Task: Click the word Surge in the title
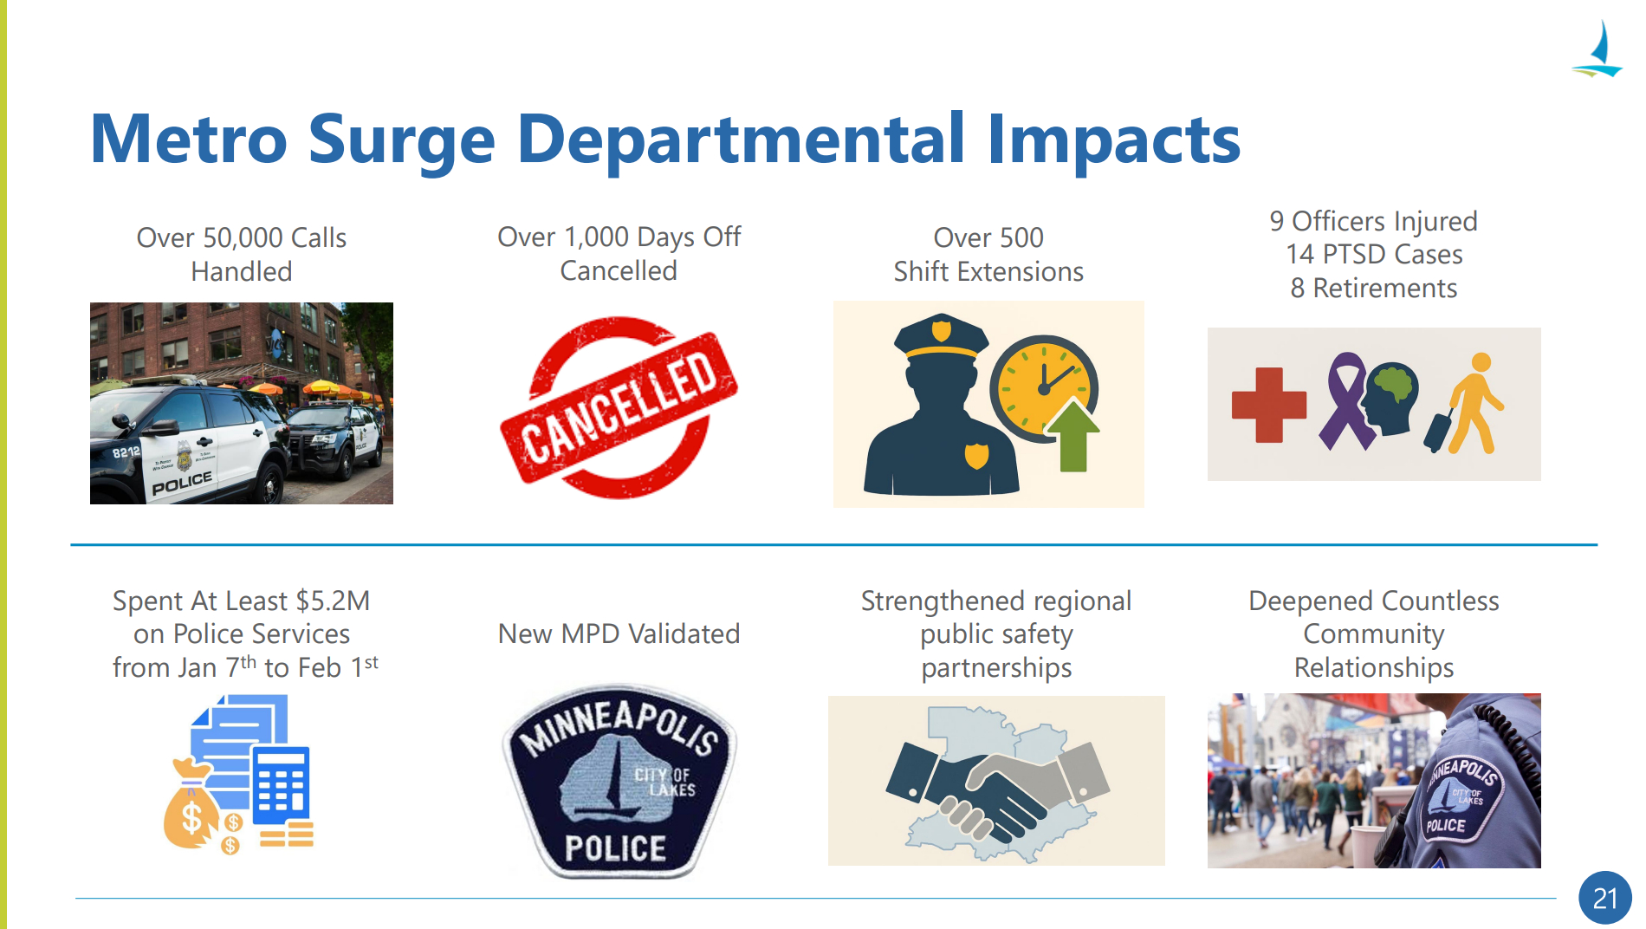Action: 402,140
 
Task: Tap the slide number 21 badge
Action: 1604,898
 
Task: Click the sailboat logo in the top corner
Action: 1597,50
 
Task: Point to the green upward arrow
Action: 1072,435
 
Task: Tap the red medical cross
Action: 1269,405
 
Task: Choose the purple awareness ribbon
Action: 1346,400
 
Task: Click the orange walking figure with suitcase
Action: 1466,404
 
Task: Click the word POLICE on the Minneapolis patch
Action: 615,848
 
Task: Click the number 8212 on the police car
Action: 126,452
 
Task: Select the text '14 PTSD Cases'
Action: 1374,255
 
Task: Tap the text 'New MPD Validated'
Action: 619,633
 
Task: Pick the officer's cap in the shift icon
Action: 941,336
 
